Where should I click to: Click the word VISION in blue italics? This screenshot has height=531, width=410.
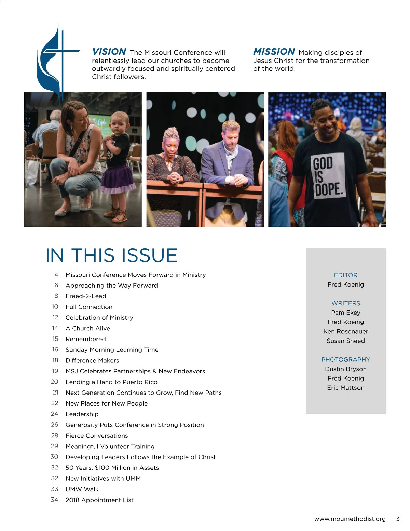(x=109, y=52)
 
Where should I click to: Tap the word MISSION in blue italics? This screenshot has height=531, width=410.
(x=274, y=52)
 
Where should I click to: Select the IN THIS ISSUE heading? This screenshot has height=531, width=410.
(x=112, y=255)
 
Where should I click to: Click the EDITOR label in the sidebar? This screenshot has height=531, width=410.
(x=345, y=275)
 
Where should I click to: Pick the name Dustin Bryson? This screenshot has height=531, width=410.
(x=345, y=369)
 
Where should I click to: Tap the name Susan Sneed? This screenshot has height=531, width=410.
(x=345, y=341)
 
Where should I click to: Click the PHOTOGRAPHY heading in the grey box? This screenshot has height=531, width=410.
(x=345, y=359)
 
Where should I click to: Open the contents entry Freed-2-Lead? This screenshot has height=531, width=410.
(x=86, y=296)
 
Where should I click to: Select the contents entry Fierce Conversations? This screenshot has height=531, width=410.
(x=97, y=436)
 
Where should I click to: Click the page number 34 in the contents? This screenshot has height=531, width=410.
(x=54, y=500)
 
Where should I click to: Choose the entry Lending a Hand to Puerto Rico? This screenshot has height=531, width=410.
(x=111, y=382)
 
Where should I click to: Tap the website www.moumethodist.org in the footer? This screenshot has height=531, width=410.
(x=350, y=519)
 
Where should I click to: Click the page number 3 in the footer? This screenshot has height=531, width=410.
(x=398, y=519)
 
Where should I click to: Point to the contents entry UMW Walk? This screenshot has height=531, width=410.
(x=82, y=489)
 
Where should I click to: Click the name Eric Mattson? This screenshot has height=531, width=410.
(x=345, y=388)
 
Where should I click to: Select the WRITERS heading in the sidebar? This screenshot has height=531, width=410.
(x=345, y=303)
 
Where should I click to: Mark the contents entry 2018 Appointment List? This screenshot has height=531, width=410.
(x=99, y=500)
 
